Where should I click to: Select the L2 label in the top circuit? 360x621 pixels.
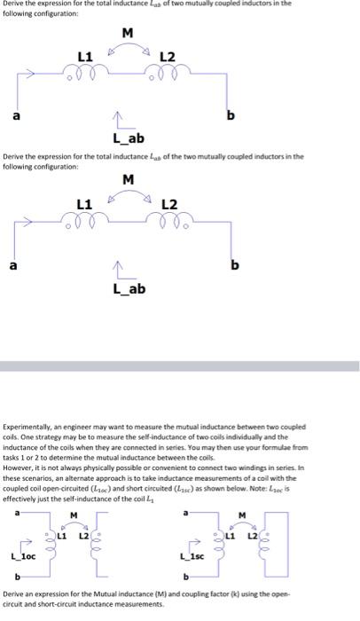pyautogui.click(x=168, y=58)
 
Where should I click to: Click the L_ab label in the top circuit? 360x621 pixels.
pyautogui.click(x=126, y=138)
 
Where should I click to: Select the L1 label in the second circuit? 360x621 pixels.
pyautogui.click(x=86, y=206)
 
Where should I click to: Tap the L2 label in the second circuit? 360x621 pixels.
pyautogui.click(x=168, y=206)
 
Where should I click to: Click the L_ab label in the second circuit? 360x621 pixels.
pyautogui.click(x=129, y=288)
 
